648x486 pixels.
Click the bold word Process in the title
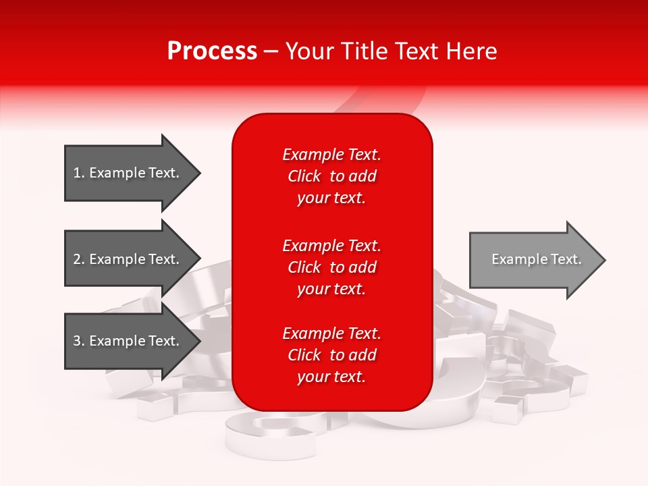pos(212,51)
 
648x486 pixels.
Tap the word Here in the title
pos(471,51)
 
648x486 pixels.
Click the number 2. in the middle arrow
pos(79,259)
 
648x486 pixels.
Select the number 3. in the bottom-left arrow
pos(79,341)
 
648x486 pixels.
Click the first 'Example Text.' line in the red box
pos(331,155)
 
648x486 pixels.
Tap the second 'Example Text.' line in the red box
pos(331,245)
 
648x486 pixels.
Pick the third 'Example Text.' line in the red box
pos(331,333)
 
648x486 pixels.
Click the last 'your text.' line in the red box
pos(331,377)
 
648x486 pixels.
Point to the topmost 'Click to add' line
pos(331,176)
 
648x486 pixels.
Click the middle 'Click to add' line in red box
pos(331,267)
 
